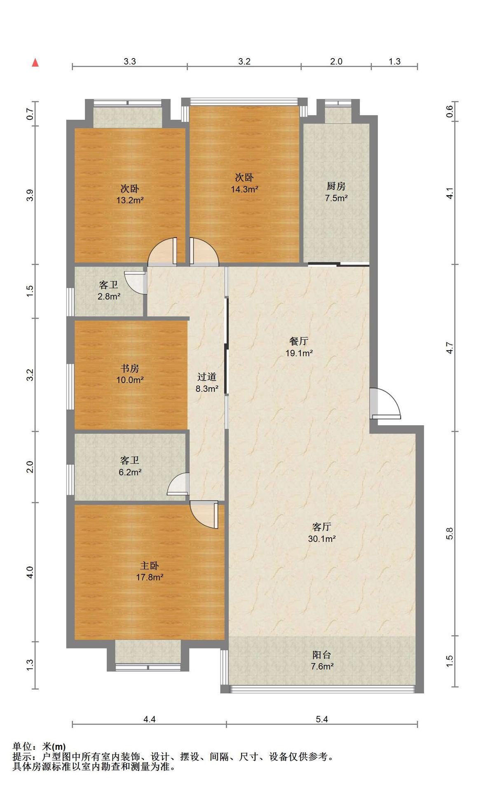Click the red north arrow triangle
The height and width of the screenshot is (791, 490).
(x=35, y=63)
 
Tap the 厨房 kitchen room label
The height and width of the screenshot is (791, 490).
(x=336, y=186)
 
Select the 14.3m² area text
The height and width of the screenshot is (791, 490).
(x=244, y=190)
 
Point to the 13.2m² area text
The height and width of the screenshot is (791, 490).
(x=130, y=201)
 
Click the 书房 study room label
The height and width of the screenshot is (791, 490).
(x=130, y=368)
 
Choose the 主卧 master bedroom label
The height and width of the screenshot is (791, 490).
(x=150, y=566)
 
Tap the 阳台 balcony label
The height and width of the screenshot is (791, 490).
(x=322, y=655)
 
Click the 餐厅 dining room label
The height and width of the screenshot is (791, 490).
(x=299, y=341)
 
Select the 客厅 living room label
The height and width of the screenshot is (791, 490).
(x=322, y=527)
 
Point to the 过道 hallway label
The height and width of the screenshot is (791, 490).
(x=207, y=377)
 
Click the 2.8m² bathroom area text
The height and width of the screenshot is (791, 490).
(x=109, y=296)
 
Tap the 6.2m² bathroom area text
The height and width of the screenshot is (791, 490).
(x=130, y=472)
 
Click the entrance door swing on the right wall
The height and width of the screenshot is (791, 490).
(x=385, y=403)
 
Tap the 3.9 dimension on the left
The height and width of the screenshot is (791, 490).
(x=30, y=195)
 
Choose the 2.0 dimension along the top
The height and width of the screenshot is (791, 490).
(x=336, y=61)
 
